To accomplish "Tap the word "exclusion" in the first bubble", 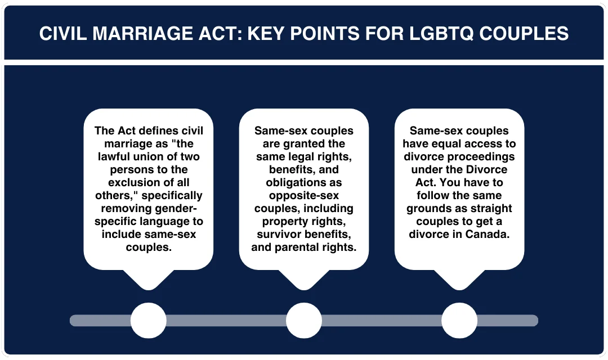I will [x=132, y=182].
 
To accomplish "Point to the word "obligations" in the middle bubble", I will [x=303, y=182].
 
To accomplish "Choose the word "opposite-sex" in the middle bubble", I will [x=303, y=195].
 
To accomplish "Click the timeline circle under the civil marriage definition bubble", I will [x=149, y=321].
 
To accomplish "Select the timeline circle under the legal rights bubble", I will [x=304, y=321].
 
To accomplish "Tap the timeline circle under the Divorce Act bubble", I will [x=459, y=321].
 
